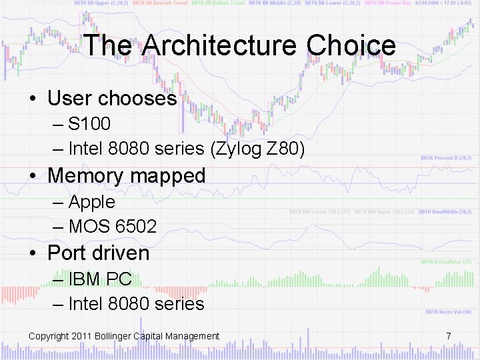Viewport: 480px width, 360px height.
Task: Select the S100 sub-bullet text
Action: click(x=89, y=124)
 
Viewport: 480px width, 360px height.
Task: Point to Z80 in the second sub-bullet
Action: click(x=285, y=150)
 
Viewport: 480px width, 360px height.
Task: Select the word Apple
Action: click(x=92, y=201)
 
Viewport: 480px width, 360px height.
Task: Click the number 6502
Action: click(x=136, y=227)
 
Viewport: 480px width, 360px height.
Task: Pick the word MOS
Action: click(x=89, y=227)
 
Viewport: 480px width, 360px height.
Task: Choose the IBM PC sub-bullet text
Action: click(x=100, y=279)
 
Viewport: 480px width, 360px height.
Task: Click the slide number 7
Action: click(x=449, y=336)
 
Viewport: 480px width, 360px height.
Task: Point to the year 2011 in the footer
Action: click(x=81, y=336)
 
